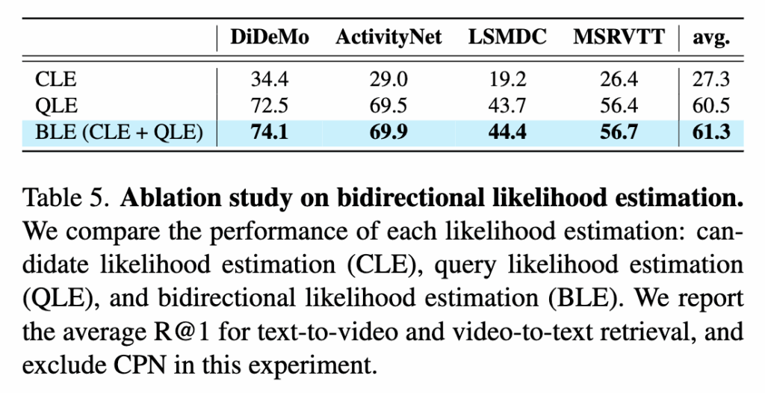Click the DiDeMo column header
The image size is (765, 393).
click(269, 38)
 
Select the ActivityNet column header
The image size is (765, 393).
click(388, 38)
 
